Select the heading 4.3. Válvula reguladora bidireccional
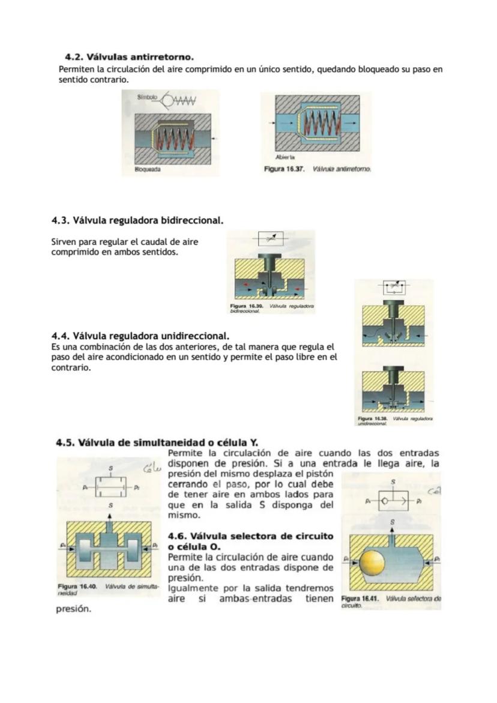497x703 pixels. [x=137, y=220]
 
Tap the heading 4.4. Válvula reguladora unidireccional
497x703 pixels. [x=140, y=335]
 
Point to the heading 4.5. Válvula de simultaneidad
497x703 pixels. [x=156, y=443]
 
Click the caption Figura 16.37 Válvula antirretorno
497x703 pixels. [x=318, y=169]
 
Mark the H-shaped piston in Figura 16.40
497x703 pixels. [x=110, y=548]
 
